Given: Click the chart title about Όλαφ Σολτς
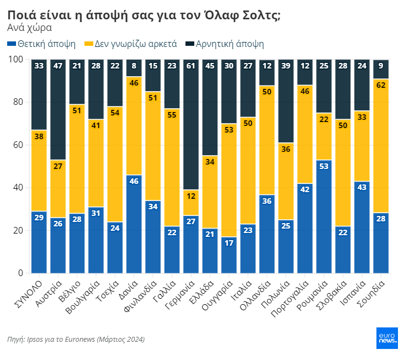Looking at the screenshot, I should (x=144, y=15).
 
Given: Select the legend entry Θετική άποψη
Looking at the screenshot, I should (x=41, y=44).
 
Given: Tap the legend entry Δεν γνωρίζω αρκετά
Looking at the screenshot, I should (x=130, y=44).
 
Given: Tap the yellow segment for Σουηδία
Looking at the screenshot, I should (x=381, y=146).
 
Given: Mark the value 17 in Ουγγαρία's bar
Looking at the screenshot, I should (x=229, y=242).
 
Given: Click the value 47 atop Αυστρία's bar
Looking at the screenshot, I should (x=58, y=66).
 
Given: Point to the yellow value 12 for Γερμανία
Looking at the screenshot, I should (x=192, y=195).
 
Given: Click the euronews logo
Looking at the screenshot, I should (x=387, y=338).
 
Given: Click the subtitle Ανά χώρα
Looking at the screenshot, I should (x=30, y=28).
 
